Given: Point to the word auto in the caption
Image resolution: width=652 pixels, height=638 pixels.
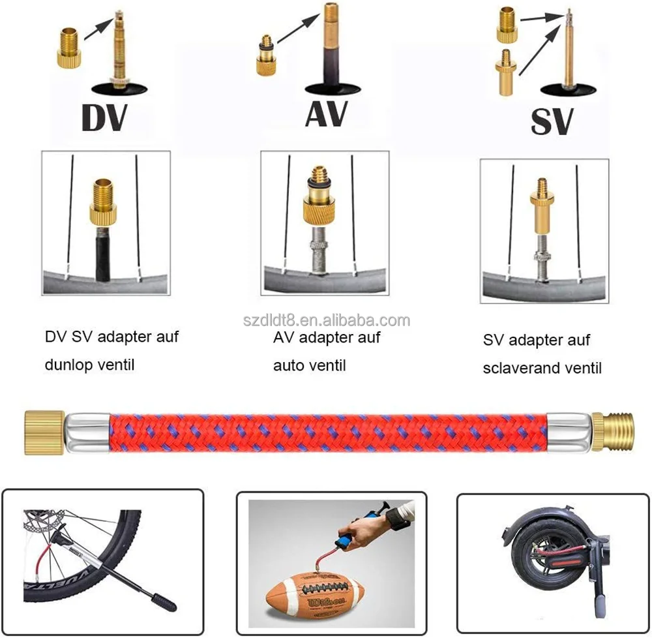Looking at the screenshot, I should [x=289, y=365].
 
